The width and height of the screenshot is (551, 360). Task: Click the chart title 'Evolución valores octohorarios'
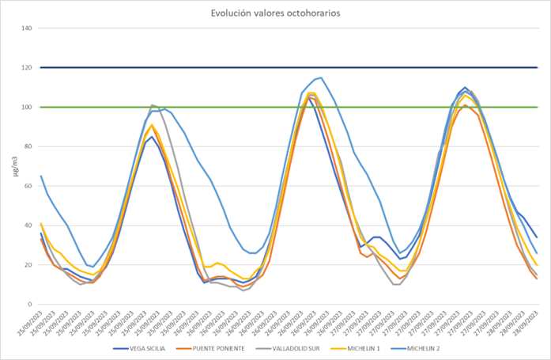coord(275,13)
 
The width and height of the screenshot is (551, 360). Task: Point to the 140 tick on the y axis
coord(26,28)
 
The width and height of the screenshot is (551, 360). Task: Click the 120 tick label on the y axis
coord(26,68)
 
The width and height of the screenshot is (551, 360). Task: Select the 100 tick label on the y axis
coord(26,108)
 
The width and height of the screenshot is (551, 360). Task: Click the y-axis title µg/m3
coord(9,166)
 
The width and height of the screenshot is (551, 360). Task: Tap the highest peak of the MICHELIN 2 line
coord(320,78)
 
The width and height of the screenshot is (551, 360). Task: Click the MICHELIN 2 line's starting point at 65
coord(40,176)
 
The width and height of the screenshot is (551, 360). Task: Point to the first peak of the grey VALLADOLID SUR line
coord(152,105)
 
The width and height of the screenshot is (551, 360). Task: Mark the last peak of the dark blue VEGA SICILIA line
coord(465,88)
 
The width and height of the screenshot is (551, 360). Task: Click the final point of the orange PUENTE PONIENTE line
coord(537,279)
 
